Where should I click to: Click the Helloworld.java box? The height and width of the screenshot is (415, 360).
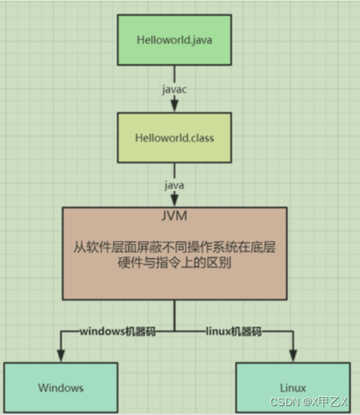pyautogui.click(x=175, y=40)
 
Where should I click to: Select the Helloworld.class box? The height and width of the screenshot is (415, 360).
pyautogui.click(x=175, y=138)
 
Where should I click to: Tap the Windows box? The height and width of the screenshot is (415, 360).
pyautogui.click(x=61, y=387)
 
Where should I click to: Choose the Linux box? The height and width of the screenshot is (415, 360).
pyautogui.click(x=293, y=387)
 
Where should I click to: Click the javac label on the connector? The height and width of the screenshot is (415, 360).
pyautogui.click(x=175, y=89)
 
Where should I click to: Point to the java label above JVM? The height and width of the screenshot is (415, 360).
pyautogui.click(x=175, y=185)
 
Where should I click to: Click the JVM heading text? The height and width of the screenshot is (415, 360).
pyautogui.click(x=175, y=216)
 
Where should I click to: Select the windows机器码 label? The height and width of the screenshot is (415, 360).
pyautogui.click(x=118, y=331)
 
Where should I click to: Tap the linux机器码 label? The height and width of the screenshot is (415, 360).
pyautogui.click(x=234, y=331)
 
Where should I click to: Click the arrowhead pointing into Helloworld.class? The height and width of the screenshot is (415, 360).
pyautogui.click(x=175, y=106)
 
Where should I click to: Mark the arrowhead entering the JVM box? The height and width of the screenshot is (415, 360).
pyautogui.click(x=175, y=201)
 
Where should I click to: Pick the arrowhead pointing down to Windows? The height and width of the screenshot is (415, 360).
pyautogui.click(x=61, y=356)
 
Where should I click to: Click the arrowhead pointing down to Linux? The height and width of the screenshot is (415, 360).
pyautogui.click(x=293, y=356)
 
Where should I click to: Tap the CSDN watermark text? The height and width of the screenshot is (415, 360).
pyautogui.click(x=309, y=402)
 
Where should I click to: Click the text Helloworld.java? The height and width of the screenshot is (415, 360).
pyautogui.click(x=175, y=40)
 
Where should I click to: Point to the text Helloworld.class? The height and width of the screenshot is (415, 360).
pyautogui.click(x=175, y=138)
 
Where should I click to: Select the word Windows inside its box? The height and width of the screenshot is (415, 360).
pyautogui.click(x=61, y=388)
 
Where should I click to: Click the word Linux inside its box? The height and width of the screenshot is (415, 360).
pyautogui.click(x=293, y=388)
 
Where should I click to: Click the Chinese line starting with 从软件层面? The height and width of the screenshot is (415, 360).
pyautogui.click(x=175, y=247)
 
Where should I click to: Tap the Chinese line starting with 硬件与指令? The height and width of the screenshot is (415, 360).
pyautogui.click(x=175, y=262)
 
